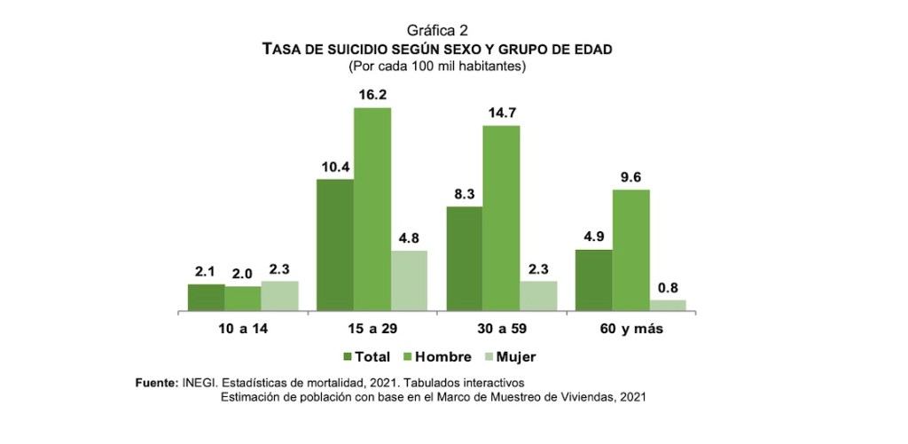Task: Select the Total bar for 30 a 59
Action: (465, 259)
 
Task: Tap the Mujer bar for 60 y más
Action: (668, 306)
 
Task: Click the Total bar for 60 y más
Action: (593, 281)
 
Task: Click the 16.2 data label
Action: (372, 95)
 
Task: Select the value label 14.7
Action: (501, 113)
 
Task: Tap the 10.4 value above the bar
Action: (335, 167)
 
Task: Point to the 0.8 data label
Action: (669, 286)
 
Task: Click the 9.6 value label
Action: (630, 176)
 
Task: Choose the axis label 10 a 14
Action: (243, 329)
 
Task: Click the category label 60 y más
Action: (630, 329)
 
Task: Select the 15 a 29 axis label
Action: (372, 329)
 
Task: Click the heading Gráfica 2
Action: (437, 31)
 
